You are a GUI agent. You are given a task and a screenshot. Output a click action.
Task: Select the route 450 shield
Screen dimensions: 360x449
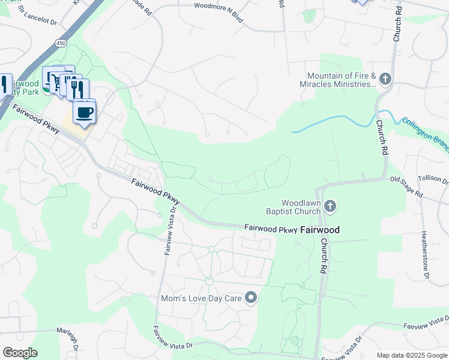pos(61,43)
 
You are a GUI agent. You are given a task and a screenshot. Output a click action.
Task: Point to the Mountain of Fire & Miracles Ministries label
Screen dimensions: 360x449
pos(341,80)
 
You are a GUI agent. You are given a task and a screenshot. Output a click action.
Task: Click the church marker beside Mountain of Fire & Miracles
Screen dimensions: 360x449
pos(385,79)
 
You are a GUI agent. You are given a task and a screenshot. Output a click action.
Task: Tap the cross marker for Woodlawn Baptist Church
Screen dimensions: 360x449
pos(330,207)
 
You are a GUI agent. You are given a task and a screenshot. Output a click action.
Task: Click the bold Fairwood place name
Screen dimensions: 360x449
pos(319,230)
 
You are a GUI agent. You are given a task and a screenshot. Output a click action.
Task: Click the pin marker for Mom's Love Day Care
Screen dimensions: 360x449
pos(252,298)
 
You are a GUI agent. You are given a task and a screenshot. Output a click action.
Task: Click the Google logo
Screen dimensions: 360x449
pos(20,353)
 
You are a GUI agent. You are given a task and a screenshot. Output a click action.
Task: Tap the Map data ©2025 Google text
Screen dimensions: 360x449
pos(411,355)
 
